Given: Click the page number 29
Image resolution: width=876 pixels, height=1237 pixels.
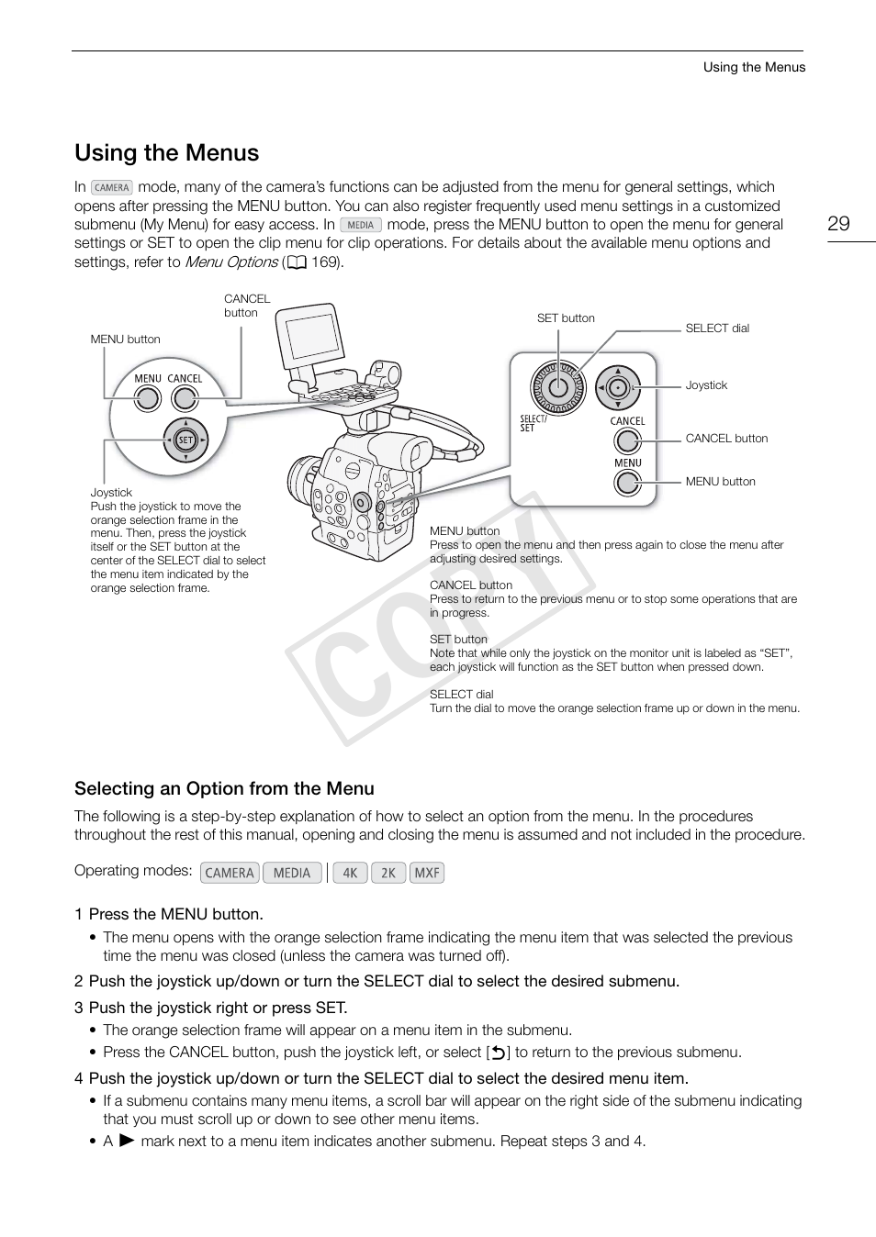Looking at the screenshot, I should click(x=838, y=224).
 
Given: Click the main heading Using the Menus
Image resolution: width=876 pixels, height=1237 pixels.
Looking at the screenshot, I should click(x=167, y=152).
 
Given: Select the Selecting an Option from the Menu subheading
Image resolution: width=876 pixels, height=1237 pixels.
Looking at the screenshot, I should click(x=224, y=788).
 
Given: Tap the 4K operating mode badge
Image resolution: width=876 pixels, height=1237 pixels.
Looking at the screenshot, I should click(x=350, y=873).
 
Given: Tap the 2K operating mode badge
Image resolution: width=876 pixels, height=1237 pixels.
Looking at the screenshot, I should click(x=388, y=873).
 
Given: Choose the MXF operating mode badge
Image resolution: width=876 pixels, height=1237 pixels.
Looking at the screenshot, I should click(x=427, y=873).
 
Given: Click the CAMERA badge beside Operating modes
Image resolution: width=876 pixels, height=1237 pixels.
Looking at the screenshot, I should click(x=230, y=873).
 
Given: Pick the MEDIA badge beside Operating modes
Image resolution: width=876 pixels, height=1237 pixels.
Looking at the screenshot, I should click(x=292, y=873).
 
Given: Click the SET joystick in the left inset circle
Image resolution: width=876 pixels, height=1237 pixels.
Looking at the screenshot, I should click(x=185, y=440).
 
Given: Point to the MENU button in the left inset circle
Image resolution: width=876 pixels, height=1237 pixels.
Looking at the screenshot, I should click(x=147, y=398).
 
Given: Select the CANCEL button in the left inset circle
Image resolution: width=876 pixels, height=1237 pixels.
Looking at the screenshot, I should click(x=185, y=398).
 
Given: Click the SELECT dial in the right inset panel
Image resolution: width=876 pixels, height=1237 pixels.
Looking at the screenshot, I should click(x=556, y=386).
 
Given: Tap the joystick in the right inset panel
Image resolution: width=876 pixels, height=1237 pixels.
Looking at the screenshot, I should click(x=618, y=387).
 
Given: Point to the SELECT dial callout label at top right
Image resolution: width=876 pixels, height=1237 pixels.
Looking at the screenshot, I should click(x=717, y=329).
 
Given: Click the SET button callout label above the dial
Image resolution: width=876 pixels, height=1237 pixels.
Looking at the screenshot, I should click(x=566, y=318).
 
